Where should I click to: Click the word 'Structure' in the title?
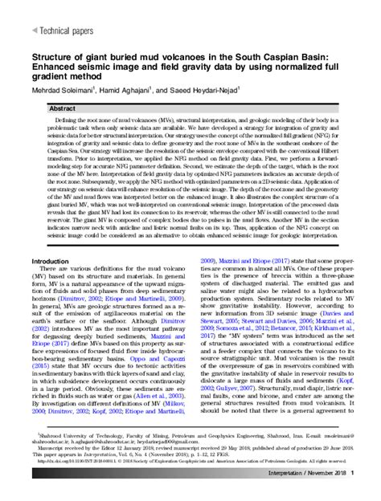coord(50,58)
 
